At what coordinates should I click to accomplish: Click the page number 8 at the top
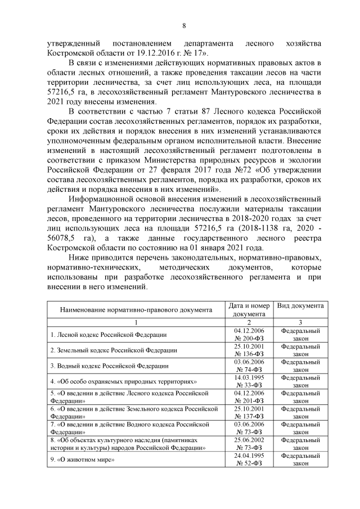(183, 25)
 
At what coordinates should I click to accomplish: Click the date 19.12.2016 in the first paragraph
(142, 52)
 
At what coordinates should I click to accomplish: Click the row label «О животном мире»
(79, 460)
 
